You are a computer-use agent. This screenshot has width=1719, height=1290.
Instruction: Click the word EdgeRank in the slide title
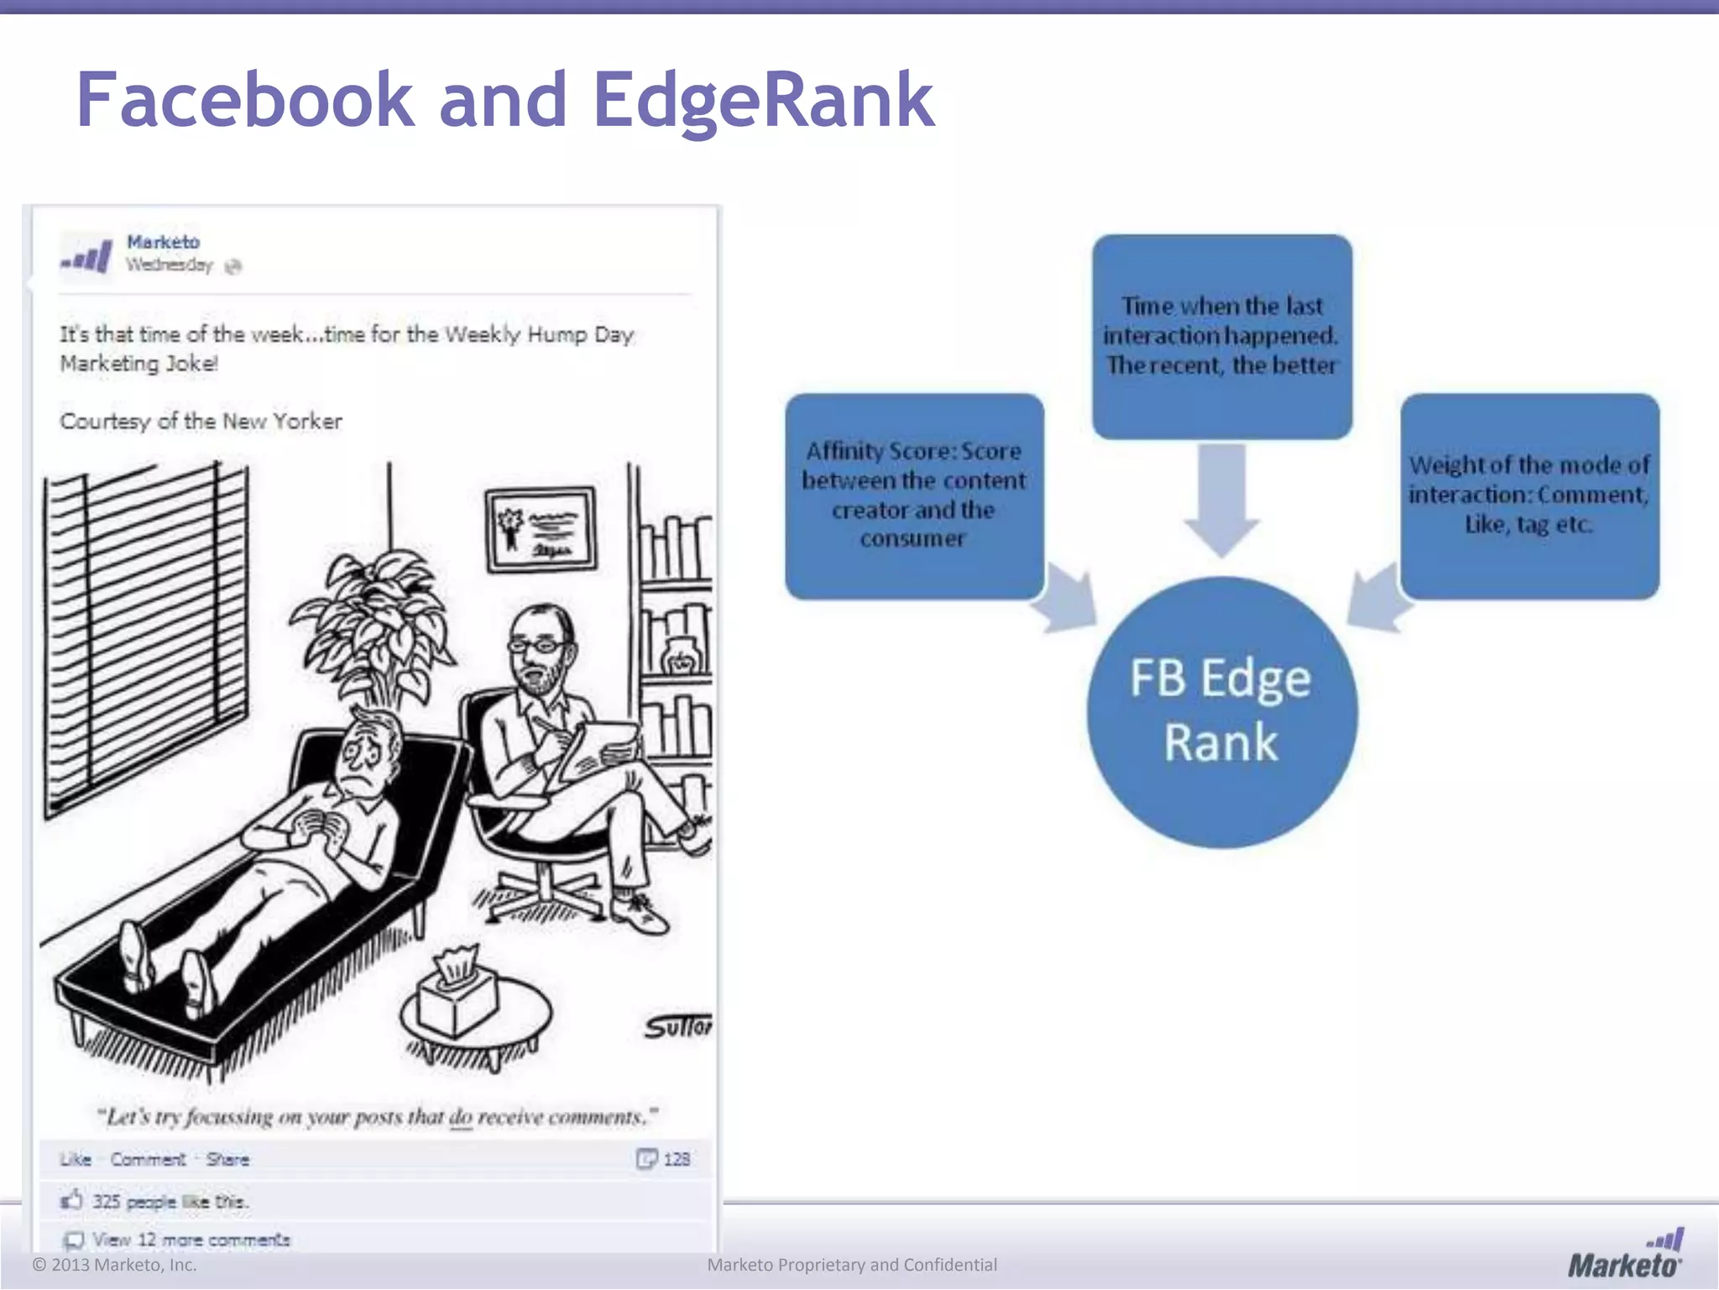point(763,101)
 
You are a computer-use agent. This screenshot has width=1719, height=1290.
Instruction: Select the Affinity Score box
point(914,496)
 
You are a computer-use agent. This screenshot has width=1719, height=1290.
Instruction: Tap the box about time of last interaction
point(1221,336)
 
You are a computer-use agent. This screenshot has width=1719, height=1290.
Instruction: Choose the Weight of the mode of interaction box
point(1529,496)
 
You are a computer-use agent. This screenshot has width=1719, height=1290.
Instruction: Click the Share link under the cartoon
point(227,1160)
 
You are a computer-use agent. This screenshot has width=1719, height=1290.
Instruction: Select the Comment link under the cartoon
point(148,1160)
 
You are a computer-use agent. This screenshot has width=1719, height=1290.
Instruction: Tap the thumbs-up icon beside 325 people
point(72,1200)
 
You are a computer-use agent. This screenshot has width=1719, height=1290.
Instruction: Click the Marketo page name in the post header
point(163,242)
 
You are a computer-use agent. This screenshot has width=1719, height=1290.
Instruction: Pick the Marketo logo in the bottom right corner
point(1625,1255)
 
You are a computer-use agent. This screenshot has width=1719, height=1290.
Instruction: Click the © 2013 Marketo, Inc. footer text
point(114,1265)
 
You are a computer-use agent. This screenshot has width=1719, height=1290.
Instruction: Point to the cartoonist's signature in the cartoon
point(677,1026)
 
